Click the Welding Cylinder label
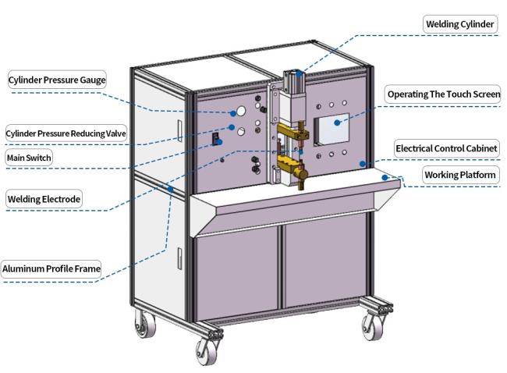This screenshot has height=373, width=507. click(459, 24)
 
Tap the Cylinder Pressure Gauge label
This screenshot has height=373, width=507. click(57, 80)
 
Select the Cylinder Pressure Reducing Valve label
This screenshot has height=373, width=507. click(66, 133)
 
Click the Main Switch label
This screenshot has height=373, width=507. click(29, 158)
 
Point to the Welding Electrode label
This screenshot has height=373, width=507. click(44, 199)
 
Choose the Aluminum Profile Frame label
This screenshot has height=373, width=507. click(51, 269)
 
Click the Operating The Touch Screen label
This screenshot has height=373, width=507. click(444, 94)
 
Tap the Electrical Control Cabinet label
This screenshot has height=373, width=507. click(446, 148)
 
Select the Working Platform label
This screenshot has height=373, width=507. click(460, 175)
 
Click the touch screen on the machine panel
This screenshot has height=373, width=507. click(331, 129)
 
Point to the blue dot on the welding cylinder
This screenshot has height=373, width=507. click(299, 74)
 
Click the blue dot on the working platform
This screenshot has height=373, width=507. click(385, 178)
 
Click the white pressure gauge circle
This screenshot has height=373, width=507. click(241, 111)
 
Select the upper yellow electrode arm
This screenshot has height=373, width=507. click(292, 133)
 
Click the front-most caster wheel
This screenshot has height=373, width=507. click(207, 352)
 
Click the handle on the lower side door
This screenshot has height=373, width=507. click(179, 258)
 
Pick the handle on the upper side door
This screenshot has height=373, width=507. click(179, 130)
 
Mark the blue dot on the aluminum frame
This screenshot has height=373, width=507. click(170, 189)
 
